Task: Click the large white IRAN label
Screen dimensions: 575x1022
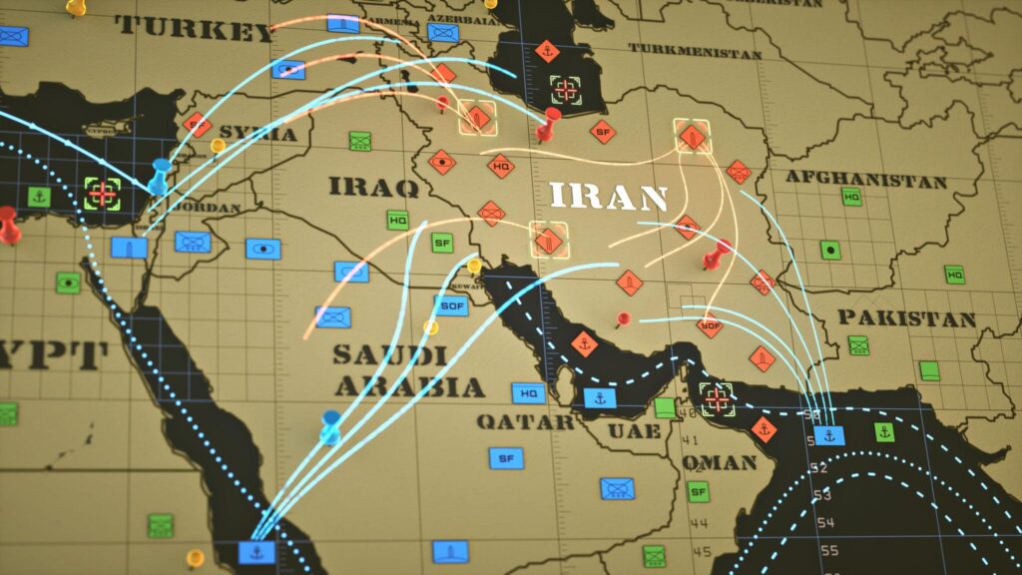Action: tap(608, 195)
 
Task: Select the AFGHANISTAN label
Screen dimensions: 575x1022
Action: tap(865, 180)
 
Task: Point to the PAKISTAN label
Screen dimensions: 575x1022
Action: tap(905, 318)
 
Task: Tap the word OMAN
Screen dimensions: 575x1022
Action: tap(720, 462)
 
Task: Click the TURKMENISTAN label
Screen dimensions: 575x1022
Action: tap(694, 51)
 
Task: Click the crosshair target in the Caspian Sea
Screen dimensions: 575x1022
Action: tap(566, 90)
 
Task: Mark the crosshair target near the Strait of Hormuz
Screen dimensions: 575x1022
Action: tap(716, 398)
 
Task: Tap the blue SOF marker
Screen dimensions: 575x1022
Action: tap(451, 305)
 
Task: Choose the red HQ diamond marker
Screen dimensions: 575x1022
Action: tap(501, 166)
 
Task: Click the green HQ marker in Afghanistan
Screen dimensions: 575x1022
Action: tap(851, 198)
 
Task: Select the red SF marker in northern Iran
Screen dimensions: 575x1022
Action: tap(602, 130)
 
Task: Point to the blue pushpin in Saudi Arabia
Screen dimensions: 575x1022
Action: tap(330, 428)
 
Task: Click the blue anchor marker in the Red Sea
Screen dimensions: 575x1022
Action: tap(256, 551)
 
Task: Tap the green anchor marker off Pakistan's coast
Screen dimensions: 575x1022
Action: tap(883, 432)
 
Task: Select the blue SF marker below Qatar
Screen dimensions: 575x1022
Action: tap(506, 458)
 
